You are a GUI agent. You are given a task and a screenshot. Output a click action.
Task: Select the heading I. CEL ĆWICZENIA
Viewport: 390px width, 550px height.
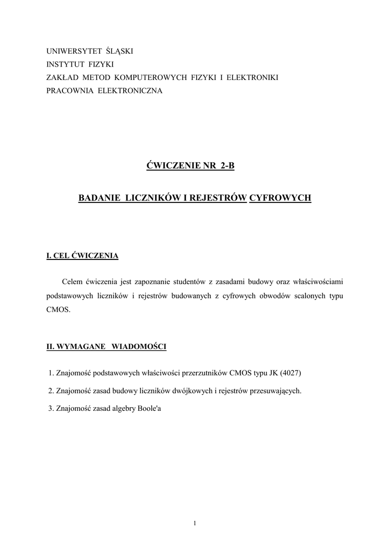(x=82, y=256)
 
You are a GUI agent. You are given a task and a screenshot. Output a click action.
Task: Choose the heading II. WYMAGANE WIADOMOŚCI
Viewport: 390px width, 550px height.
(x=107, y=346)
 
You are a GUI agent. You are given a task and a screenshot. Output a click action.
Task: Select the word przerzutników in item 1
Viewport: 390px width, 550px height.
(x=207, y=373)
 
